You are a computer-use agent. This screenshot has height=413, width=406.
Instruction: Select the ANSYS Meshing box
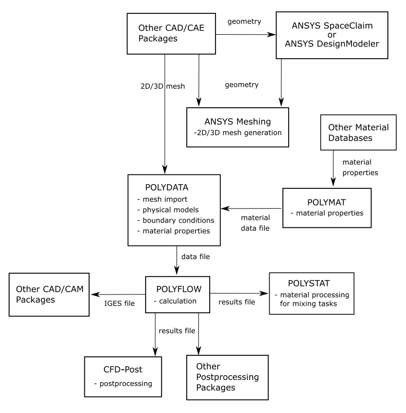(x=237, y=127)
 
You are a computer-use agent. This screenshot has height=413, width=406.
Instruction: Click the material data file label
(x=256, y=223)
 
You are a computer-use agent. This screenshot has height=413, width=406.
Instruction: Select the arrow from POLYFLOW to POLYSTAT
(x=238, y=293)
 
